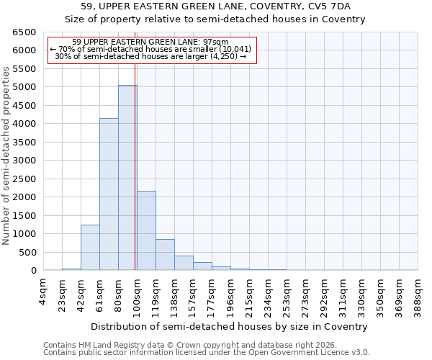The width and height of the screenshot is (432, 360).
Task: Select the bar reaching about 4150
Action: point(109,194)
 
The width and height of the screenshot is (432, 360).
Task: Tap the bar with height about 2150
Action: point(146,230)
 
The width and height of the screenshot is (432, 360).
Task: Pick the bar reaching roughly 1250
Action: point(90,248)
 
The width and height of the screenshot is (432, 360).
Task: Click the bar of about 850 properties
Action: point(165,255)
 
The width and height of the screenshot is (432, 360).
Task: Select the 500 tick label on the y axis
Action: point(27,253)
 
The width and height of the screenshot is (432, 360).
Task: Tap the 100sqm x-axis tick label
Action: point(137,294)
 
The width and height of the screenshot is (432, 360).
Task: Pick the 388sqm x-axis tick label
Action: point(418,294)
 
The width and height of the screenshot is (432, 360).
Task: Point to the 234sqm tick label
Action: point(268,294)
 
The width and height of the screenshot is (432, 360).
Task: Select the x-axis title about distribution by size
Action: point(230,326)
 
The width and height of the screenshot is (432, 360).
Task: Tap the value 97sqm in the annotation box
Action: point(216,42)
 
